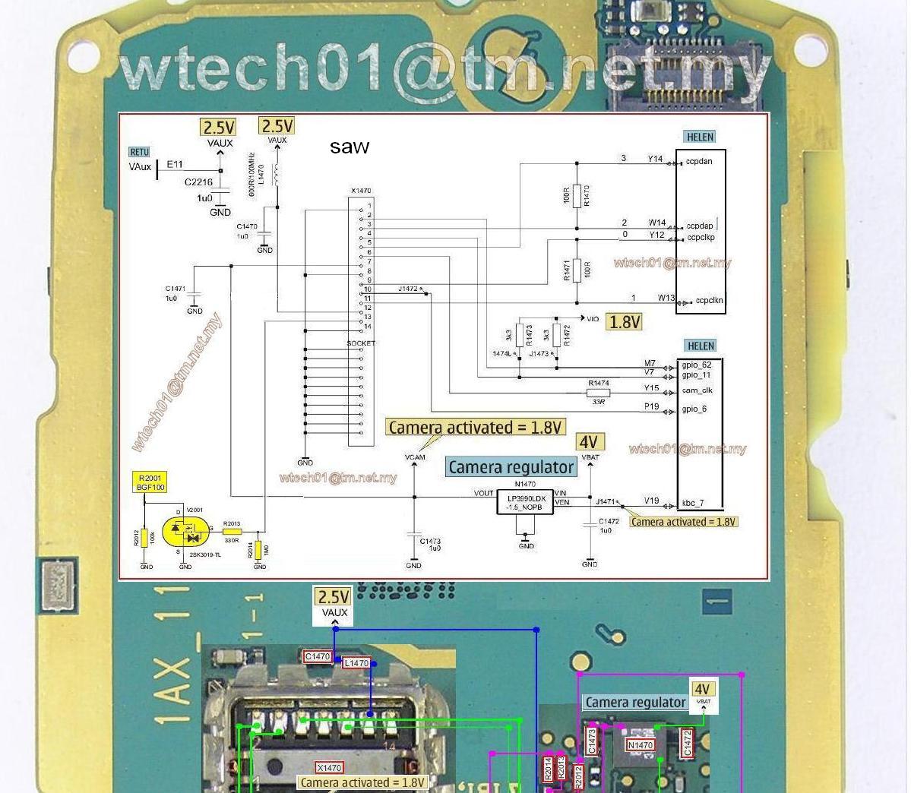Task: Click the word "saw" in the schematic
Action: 350,147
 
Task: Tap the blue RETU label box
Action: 139,152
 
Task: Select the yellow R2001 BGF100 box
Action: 150,482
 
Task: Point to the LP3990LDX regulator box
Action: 524,502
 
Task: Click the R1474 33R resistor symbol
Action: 598,393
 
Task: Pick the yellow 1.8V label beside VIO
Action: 625,322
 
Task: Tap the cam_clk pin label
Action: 697,390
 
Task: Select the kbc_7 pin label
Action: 692,503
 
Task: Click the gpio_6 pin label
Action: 694,409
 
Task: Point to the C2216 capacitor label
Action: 198,182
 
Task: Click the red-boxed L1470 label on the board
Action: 356,663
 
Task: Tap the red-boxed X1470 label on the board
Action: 329,768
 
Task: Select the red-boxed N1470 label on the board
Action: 640,745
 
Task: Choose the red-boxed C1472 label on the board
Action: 688,744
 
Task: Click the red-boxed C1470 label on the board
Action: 318,656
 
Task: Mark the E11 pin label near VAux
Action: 175,164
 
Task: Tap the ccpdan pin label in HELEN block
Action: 699,162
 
